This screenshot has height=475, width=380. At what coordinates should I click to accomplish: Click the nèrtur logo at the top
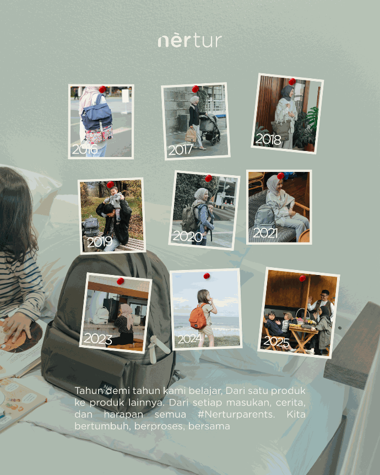190,41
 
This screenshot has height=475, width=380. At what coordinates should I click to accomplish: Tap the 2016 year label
85,149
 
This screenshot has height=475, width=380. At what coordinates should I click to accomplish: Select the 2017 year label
181,150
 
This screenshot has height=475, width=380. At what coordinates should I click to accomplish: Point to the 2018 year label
268,139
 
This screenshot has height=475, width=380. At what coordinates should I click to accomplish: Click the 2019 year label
100,242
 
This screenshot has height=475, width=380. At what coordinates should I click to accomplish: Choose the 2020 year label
187,236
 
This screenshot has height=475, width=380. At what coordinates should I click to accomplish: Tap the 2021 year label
265,233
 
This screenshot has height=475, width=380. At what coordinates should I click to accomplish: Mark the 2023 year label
98,339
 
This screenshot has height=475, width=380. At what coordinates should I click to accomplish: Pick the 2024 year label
190,339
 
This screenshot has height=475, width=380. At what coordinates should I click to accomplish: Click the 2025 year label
276,342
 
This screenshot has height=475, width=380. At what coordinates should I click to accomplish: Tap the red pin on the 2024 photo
207,276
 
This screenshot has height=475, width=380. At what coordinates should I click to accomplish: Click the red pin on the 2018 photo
292,82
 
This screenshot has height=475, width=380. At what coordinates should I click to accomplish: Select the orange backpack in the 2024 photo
198,316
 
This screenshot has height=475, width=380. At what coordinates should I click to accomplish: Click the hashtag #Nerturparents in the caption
236,414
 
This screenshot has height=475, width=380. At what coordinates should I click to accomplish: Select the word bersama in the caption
209,426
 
